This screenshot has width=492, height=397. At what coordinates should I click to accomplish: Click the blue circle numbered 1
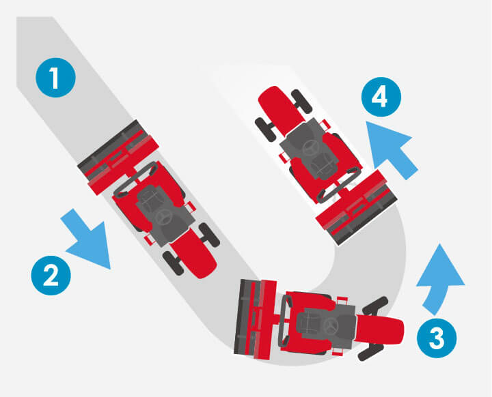[55, 77]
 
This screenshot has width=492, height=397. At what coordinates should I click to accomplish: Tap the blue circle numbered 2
[51, 276]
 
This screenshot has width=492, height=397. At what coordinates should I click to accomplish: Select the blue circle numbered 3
[437, 338]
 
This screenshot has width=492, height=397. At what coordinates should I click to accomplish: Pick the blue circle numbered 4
[381, 97]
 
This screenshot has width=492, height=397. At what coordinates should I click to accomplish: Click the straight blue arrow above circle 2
[87, 239]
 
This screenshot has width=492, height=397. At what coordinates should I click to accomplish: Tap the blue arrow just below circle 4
[392, 150]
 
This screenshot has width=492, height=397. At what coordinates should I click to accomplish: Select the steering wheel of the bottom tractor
[331, 325]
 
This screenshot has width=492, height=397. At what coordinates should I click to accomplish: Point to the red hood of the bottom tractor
[381, 331]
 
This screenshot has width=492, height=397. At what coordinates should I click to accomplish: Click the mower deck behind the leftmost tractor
[118, 157]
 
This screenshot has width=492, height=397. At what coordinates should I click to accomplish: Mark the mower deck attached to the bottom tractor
[255, 319]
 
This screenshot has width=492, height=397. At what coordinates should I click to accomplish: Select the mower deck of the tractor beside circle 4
[357, 207]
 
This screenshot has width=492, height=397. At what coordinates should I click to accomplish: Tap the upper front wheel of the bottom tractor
[375, 305]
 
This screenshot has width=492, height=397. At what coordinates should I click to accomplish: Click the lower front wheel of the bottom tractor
[371, 352]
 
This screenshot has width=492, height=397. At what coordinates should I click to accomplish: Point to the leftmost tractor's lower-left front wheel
[173, 263]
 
